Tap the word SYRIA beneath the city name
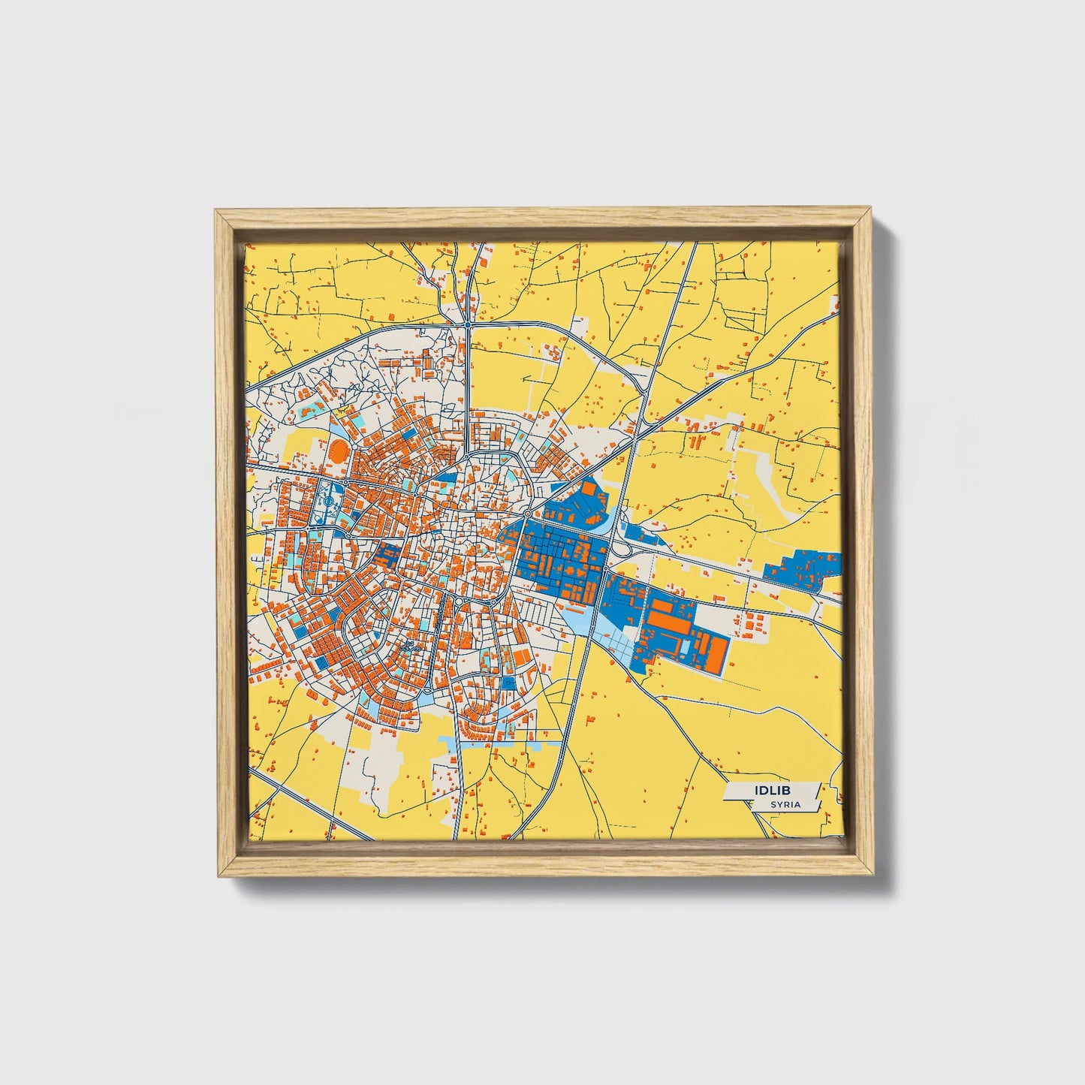785,805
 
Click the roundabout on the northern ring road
468,325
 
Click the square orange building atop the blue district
589,489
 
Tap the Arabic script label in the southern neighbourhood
409,646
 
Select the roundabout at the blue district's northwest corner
528,514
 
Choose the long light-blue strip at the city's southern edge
511,743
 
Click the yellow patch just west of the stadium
293,443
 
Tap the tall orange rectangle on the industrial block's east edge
719,653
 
